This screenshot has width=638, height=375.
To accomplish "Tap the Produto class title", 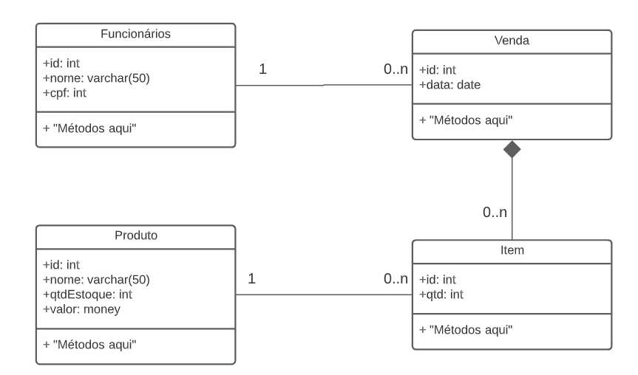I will (136, 235).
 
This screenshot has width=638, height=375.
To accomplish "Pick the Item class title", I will (512, 250).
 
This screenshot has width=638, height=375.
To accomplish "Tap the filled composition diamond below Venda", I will (512, 149).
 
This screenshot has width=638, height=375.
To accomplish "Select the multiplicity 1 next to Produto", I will (252, 279).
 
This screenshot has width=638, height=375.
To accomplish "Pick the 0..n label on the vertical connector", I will (495, 213).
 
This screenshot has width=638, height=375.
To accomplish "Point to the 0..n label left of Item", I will (396, 279).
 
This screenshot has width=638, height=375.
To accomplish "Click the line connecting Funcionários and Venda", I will (323, 85).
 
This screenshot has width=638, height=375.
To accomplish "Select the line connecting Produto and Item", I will (323, 295).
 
